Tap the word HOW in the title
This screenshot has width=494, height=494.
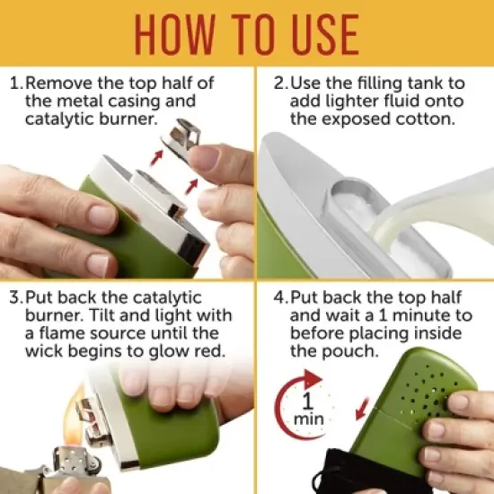(x=175, y=35)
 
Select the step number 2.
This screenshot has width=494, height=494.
(x=279, y=84)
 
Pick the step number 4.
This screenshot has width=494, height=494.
(x=279, y=297)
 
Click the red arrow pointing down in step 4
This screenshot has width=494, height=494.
(x=362, y=409)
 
